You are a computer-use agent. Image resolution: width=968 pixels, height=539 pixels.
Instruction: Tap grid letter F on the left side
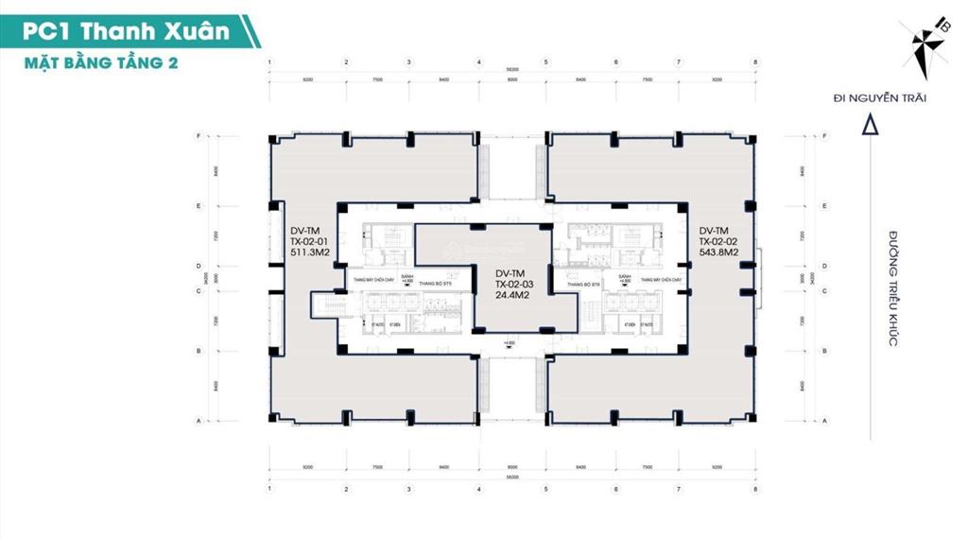click(198, 136)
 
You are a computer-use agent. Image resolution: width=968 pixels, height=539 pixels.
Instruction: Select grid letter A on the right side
click(825, 420)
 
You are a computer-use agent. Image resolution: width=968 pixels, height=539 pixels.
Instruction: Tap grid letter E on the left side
click(198, 205)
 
